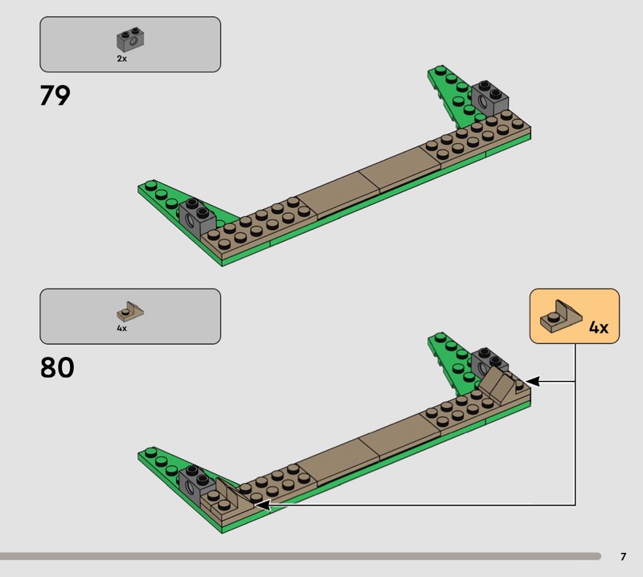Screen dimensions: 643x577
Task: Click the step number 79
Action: (x=55, y=96)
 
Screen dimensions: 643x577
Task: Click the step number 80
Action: (x=57, y=367)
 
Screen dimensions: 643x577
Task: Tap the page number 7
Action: (x=624, y=556)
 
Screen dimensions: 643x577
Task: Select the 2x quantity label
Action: (x=122, y=59)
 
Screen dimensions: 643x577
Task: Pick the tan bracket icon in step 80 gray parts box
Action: (x=130, y=311)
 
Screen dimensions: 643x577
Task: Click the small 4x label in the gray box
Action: (x=122, y=329)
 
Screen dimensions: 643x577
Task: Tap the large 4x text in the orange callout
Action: (x=599, y=328)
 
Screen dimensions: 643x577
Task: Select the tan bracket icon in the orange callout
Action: (x=560, y=316)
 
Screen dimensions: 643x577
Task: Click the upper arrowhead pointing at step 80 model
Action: (x=533, y=382)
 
